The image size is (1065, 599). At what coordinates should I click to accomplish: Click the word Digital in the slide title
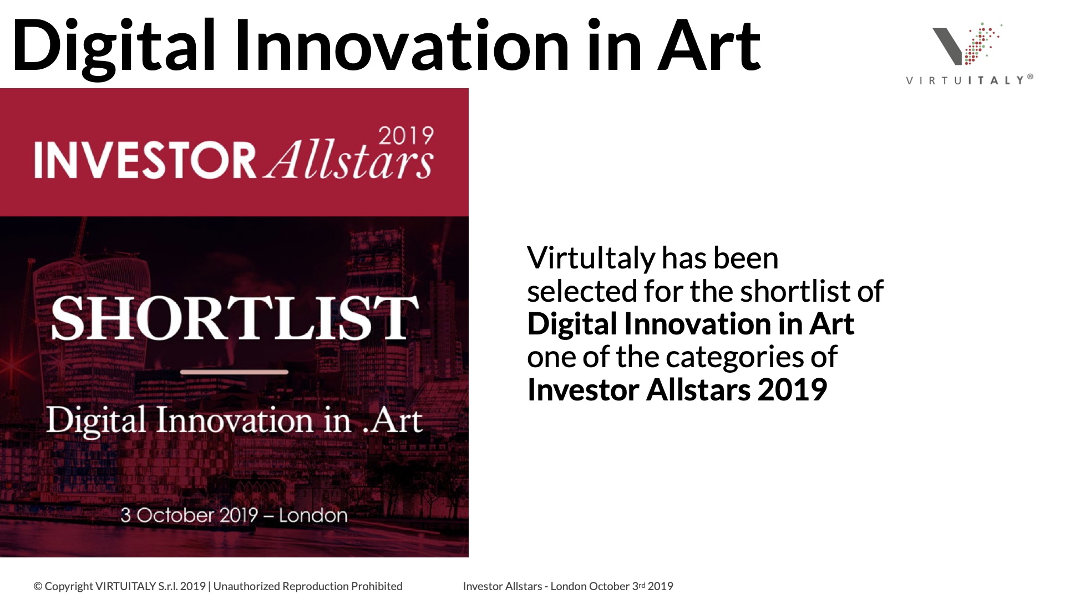(113, 47)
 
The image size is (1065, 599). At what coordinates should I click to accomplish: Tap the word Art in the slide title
(709, 45)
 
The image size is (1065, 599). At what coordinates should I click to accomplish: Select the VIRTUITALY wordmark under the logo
(965, 80)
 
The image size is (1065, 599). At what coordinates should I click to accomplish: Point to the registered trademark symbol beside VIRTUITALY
(1030, 77)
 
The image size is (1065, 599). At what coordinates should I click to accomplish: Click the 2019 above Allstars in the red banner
(405, 136)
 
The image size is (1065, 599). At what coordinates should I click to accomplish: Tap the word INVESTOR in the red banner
(145, 160)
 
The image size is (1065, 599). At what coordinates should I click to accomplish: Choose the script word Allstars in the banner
(348, 161)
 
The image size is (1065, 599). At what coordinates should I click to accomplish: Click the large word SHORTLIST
(235, 318)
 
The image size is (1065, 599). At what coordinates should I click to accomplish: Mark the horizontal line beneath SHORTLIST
(234, 372)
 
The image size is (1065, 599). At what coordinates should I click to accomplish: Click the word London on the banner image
(313, 515)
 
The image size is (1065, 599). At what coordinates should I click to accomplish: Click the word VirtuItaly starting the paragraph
(591, 258)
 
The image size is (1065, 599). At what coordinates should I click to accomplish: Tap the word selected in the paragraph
(582, 291)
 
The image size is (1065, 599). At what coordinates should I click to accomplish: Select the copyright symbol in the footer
(38, 587)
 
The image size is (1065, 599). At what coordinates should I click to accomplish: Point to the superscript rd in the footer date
(642, 584)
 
